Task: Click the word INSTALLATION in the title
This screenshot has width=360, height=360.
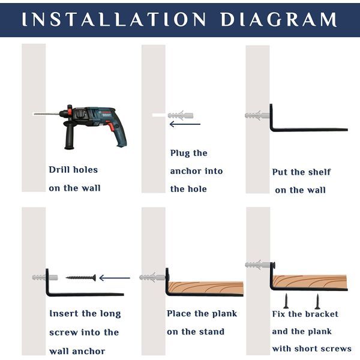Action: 113,19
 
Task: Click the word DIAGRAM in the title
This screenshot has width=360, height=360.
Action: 278,19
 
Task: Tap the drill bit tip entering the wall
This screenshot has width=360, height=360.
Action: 34,114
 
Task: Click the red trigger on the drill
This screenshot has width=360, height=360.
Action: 111,127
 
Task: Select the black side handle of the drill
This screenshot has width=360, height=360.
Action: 69,135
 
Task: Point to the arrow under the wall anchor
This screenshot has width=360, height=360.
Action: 185,124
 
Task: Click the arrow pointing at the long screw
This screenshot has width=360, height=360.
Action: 115,278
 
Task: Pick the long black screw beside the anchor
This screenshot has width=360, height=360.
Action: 81,278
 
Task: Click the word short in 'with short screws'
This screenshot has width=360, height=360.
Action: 306,349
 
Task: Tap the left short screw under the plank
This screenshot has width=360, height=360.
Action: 286,301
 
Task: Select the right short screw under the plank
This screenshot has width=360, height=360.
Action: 317,301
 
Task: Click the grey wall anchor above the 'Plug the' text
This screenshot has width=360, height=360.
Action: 181,115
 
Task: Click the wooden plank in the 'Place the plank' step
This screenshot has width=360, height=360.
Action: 206,287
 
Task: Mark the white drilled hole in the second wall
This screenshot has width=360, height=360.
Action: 159,115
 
